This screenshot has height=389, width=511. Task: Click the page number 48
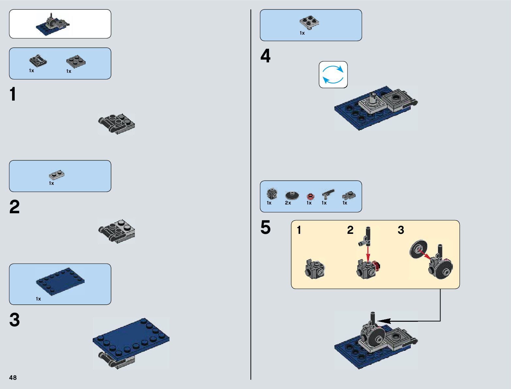tap(13, 378)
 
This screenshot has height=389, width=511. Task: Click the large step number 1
tap(13, 94)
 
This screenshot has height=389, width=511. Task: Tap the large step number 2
tap(14, 207)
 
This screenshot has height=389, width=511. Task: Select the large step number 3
tap(14, 320)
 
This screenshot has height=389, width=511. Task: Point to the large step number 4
tap(265, 56)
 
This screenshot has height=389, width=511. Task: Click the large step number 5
tap(265, 227)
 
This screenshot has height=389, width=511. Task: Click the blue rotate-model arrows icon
tap(333, 74)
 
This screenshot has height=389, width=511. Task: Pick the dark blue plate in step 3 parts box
tap(60, 281)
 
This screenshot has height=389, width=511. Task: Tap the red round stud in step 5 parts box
tap(310, 196)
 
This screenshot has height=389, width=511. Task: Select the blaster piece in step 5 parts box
tap(328, 194)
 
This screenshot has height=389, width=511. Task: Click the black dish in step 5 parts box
tap(292, 195)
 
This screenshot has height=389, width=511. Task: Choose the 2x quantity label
tap(288, 203)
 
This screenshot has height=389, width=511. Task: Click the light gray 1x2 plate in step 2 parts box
tap(56, 175)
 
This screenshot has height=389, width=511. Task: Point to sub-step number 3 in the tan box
tap(401, 230)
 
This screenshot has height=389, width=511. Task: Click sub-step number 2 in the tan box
tap(350, 230)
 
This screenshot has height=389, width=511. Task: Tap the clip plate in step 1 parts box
tap(38, 61)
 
